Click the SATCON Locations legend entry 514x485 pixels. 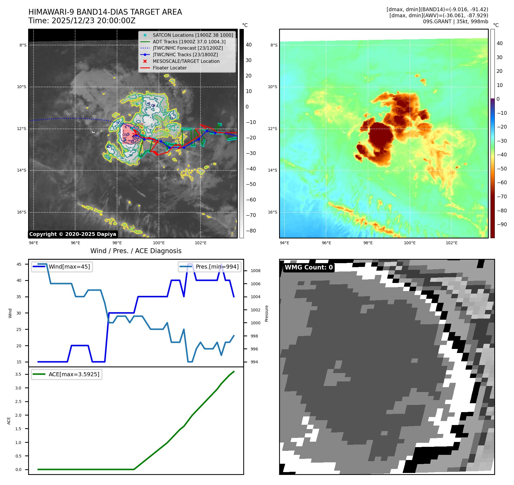[193, 35]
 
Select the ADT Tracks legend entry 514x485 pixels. [189, 42]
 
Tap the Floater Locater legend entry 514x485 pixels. [170, 68]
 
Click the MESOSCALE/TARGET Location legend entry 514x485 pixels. [186, 61]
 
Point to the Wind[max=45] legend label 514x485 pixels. [69, 267]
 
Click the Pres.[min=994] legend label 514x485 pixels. [217, 267]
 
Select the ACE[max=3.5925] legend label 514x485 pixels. [74, 374]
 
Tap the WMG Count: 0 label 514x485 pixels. [309, 267]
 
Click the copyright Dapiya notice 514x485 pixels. [73, 234]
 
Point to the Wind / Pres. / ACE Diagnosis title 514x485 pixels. [136, 251]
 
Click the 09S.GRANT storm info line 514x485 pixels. [455, 22]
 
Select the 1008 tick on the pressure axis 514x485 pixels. [255, 271]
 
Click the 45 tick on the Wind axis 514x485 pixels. [19, 264]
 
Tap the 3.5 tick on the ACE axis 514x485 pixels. [18, 374]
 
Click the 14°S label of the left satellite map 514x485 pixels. [22, 170]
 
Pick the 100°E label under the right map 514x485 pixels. [410, 243]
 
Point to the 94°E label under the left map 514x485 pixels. [34, 243]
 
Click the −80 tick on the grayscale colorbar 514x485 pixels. [251, 231]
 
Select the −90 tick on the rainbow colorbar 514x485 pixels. [502, 224]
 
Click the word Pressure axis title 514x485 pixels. [266, 313]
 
